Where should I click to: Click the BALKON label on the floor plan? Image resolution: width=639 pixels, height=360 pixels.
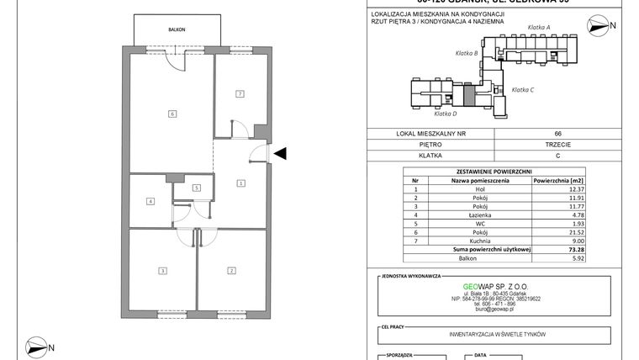pyautogui.click(x=176, y=28)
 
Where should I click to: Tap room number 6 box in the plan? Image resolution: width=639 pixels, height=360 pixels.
pyautogui.click(x=172, y=114)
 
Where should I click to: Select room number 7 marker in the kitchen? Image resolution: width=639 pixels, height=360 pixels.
pyautogui.click(x=240, y=93)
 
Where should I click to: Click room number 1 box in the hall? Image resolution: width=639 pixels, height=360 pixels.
pyautogui.click(x=240, y=183)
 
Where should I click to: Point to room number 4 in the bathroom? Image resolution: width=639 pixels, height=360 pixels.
pyautogui.click(x=150, y=201)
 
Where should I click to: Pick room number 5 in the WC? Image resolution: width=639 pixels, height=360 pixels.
pyautogui.click(x=195, y=188)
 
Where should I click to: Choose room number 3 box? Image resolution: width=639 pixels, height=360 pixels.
pyautogui.click(x=161, y=270)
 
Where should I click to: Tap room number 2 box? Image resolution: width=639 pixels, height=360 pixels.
pyautogui.click(x=230, y=270)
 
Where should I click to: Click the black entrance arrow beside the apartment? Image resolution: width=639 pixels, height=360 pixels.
pyautogui.click(x=282, y=152)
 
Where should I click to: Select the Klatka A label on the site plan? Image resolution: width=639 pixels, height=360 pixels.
pyautogui.click(x=538, y=28)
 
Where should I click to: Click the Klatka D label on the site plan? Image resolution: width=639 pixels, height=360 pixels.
pyautogui.click(x=445, y=114)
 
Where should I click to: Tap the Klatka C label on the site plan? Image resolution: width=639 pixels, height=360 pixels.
pyautogui.click(x=524, y=89)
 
